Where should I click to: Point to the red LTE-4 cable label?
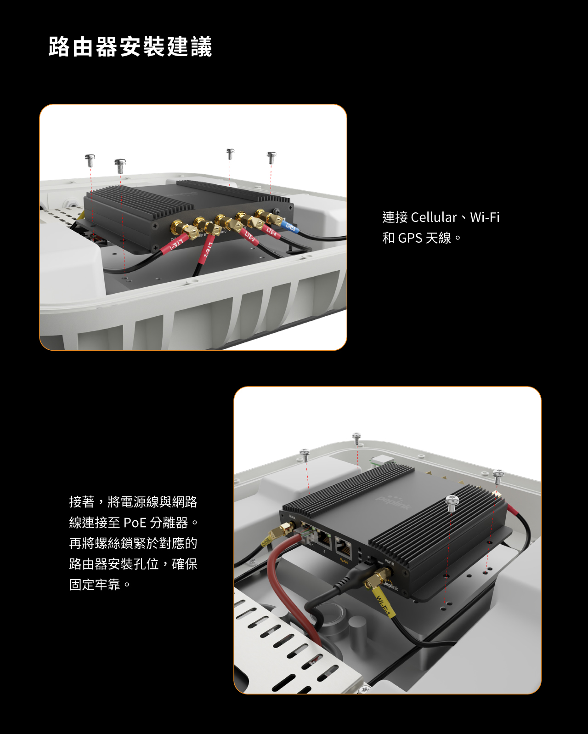[271, 232]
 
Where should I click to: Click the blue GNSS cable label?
[291, 227]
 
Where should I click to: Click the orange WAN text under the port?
[344, 561]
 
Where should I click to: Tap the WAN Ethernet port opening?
[344, 547]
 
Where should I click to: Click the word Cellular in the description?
[434, 217]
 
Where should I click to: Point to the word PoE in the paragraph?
[135, 523]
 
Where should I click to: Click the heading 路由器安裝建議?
[130, 47]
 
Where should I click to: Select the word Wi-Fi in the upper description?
[485, 217]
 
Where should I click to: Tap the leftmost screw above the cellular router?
[90, 160]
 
